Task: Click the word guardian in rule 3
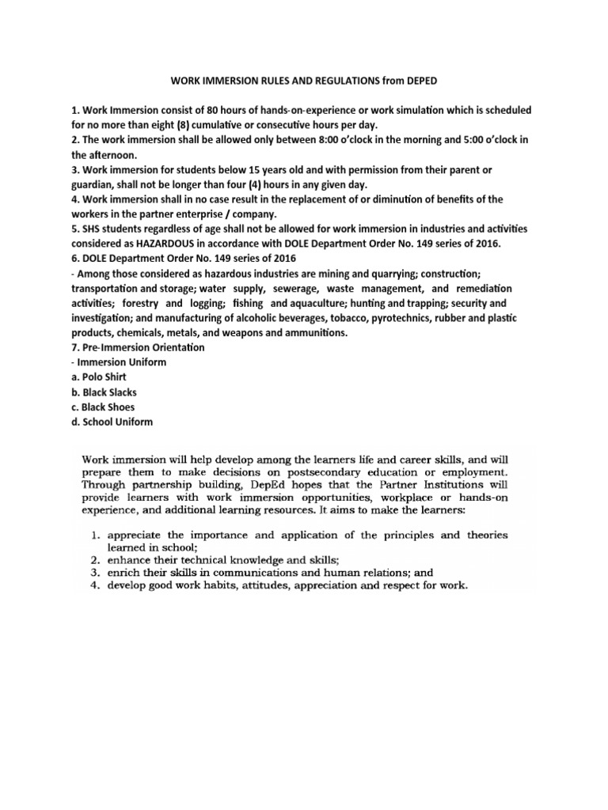pos(93,184)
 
